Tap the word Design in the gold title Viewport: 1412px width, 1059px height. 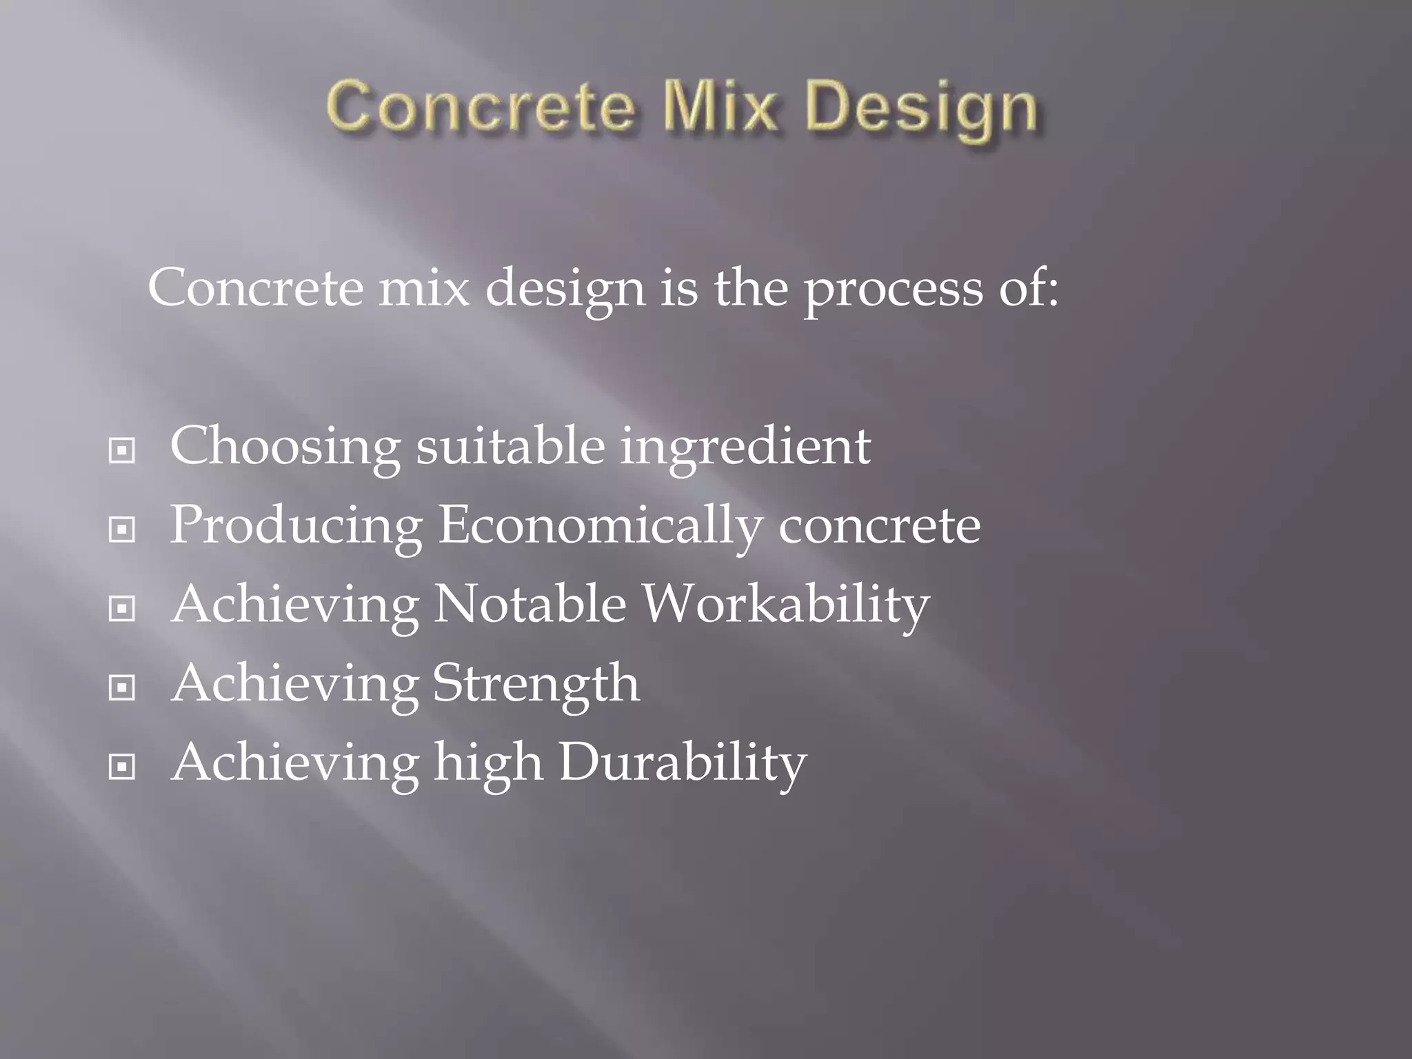[x=921, y=110]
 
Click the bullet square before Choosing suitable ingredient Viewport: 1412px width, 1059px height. [x=122, y=452]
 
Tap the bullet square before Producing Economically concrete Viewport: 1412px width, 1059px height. [x=122, y=530]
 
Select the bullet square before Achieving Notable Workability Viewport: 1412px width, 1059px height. [x=122, y=609]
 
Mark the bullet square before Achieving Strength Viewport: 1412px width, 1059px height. [x=122, y=687]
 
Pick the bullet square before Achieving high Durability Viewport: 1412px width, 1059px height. [x=122, y=766]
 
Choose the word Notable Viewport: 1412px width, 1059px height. [x=529, y=604]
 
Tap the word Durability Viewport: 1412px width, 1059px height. [x=682, y=763]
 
